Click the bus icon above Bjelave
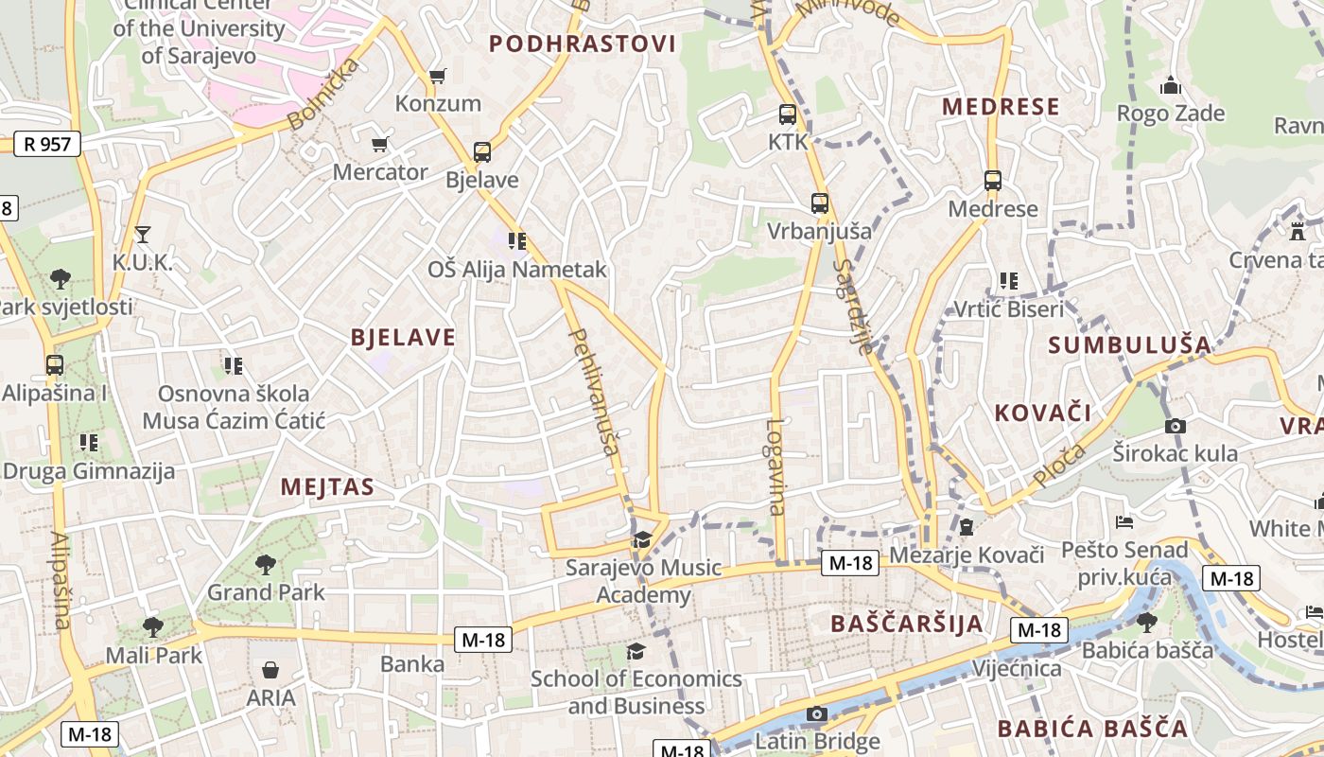[x=482, y=151]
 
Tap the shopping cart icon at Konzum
[x=437, y=76]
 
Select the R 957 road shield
[x=47, y=144]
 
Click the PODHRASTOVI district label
[x=583, y=44]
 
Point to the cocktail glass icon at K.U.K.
[x=143, y=234]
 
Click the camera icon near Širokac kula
[x=1176, y=426]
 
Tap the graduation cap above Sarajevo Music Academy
[x=642, y=539]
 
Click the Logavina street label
[x=775, y=467]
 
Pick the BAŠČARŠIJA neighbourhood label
[x=907, y=623]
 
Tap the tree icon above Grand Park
[x=266, y=565]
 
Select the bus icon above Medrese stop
[x=992, y=180]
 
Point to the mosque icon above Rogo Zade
[x=1171, y=86]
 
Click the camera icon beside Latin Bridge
[x=817, y=713]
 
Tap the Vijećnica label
[x=1017, y=668]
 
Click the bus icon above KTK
[x=788, y=114]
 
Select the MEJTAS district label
[x=327, y=487]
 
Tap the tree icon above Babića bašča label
[x=1147, y=622]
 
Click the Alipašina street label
[x=61, y=580]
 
